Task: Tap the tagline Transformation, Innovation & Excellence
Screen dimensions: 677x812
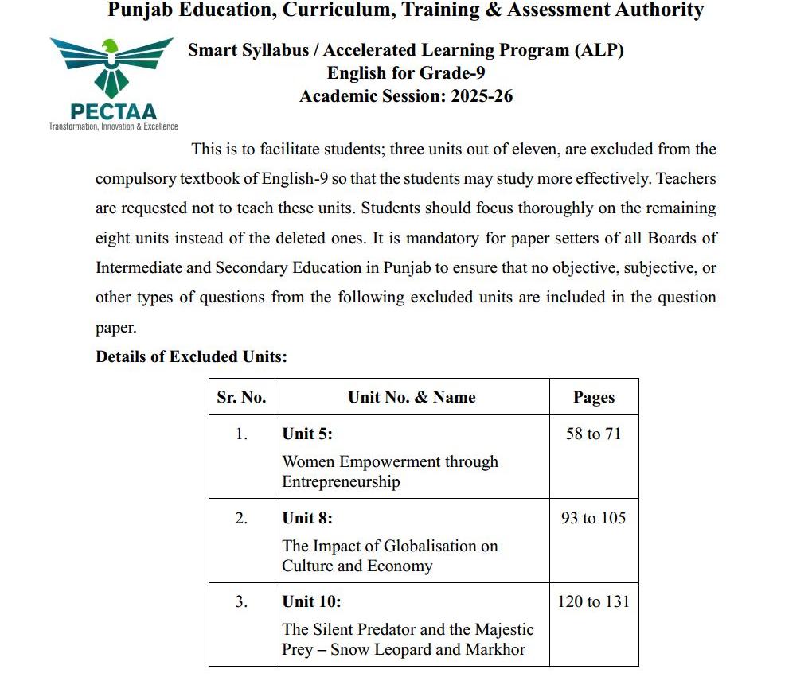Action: tap(113, 126)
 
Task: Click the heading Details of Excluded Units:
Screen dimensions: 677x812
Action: tap(191, 356)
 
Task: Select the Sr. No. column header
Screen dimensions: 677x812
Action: tap(241, 397)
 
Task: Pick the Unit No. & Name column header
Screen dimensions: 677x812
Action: tap(412, 397)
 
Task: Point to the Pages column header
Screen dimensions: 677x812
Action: tap(594, 398)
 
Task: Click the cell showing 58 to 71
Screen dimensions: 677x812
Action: tap(593, 434)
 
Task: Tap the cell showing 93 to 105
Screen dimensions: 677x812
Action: tap(593, 518)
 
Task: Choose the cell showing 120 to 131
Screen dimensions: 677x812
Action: tap(593, 601)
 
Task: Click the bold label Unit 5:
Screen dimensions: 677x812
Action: tap(307, 434)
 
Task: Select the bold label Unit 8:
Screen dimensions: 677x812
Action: tap(307, 518)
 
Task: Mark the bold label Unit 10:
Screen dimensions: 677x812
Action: tap(311, 601)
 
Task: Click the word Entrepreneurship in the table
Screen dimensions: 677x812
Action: tap(341, 481)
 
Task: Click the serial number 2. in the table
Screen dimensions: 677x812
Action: tap(241, 518)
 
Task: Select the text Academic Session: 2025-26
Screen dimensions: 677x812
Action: tap(406, 96)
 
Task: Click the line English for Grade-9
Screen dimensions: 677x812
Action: tap(406, 73)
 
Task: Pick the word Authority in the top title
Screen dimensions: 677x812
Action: tap(652, 10)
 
